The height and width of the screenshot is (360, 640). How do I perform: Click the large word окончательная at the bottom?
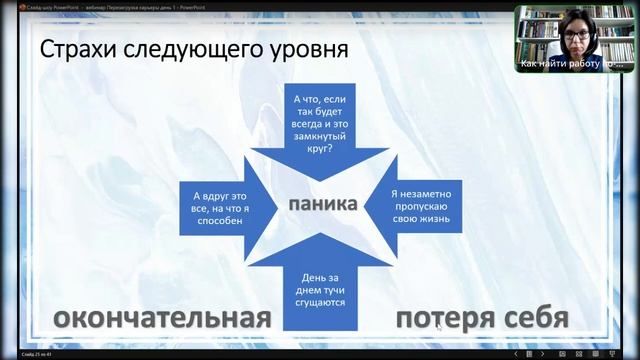point(162,318)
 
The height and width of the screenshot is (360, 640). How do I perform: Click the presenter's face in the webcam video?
point(578,35)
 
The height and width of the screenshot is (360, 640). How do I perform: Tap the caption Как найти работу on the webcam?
point(570,63)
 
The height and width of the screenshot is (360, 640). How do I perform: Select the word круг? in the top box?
point(321,148)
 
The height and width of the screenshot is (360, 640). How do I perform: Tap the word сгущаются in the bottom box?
point(321,301)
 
